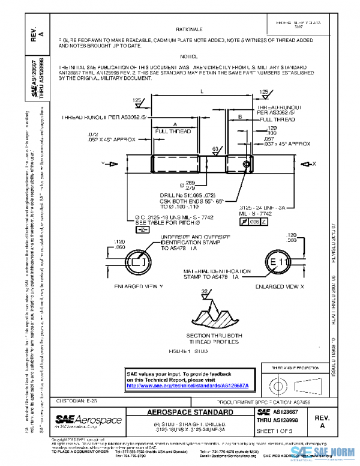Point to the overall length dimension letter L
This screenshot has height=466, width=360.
point(202,91)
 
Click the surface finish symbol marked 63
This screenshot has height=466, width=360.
point(215,149)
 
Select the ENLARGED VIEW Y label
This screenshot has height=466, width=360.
point(139,287)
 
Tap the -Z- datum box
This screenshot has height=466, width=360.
point(142,230)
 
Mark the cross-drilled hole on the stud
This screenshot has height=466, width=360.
point(245,163)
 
